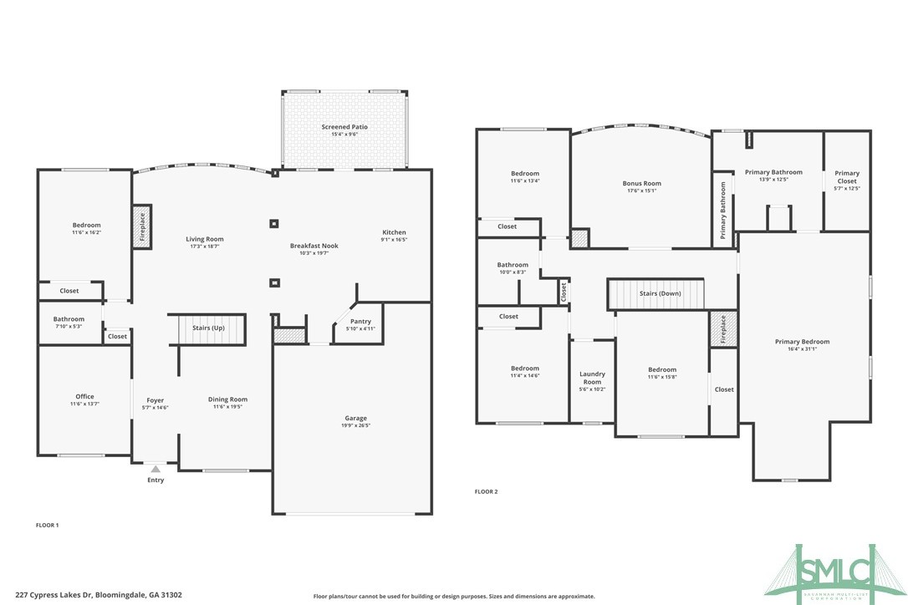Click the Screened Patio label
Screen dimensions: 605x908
click(344, 127)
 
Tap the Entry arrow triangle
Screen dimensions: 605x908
click(156, 470)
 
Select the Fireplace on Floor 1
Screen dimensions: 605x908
click(142, 226)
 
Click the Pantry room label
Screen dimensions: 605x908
click(360, 322)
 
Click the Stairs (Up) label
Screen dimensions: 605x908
click(207, 328)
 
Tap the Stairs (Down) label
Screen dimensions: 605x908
click(660, 293)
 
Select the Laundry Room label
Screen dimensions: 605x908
click(592, 378)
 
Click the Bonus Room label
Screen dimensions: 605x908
click(641, 183)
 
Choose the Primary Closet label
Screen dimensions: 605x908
click(847, 177)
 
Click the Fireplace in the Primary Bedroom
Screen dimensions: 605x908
click(722, 329)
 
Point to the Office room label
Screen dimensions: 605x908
click(84, 397)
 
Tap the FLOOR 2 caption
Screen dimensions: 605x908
click(486, 491)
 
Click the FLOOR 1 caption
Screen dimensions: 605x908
click(47, 525)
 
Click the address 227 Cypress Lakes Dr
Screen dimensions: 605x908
click(92, 595)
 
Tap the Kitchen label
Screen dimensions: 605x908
click(394, 232)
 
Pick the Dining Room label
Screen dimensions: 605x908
click(227, 399)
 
